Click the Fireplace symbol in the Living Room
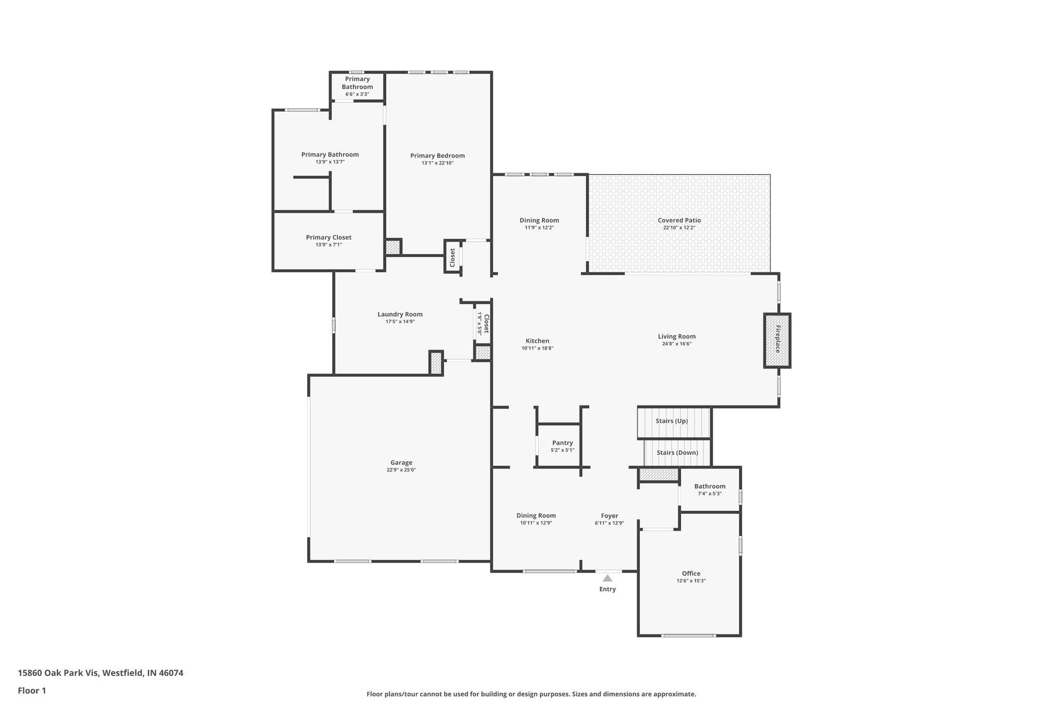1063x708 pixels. point(777,340)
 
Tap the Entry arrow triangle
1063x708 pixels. point(607,578)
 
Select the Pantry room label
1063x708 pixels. point(562,443)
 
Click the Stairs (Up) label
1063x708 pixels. point(672,421)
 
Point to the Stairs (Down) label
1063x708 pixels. point(677,452)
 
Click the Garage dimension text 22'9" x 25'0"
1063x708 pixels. point(401,470)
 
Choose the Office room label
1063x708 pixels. point(691,573)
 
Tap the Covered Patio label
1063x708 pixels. point(679,220)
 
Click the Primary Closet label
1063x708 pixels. point(329,238)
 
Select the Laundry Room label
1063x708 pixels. point(400,314)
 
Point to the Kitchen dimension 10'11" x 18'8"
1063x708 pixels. point(537,349)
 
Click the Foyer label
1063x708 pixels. point(609,516)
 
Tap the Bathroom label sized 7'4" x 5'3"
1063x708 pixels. point(710,487)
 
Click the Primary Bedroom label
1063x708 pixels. point(437,156)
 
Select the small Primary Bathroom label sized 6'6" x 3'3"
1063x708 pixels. point(357,83)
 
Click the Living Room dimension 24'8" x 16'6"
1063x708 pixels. point(676,344)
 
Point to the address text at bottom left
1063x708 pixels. point(101,673)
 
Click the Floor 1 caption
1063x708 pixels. point(32,690)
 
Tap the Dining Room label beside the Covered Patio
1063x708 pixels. point(539,220)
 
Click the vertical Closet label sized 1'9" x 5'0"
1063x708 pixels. point(486,324)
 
